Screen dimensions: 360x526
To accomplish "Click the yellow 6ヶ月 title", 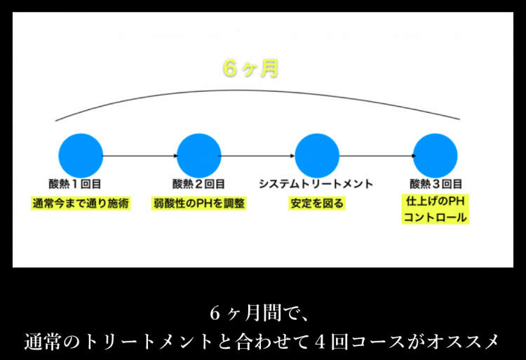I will (250, 69).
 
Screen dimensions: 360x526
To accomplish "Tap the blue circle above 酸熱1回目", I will (81, 155).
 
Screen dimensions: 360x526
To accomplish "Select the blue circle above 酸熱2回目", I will (199, 155).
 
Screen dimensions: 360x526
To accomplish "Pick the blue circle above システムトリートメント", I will (317, 155).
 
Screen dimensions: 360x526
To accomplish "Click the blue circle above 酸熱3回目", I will (436, 155).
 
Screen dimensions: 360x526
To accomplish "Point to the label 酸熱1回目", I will (81, 184).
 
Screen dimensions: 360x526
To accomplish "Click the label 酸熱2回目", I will (199, 184).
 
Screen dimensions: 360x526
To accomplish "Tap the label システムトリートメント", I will (316, 184).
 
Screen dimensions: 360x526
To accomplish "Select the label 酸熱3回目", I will (436, 184).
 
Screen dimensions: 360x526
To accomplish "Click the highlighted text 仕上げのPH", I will (436, 201).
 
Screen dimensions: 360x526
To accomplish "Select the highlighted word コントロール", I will (436, 218).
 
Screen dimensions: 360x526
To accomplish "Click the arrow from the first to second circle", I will (140, 155).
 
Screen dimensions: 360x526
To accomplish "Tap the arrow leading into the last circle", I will (376, 155).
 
